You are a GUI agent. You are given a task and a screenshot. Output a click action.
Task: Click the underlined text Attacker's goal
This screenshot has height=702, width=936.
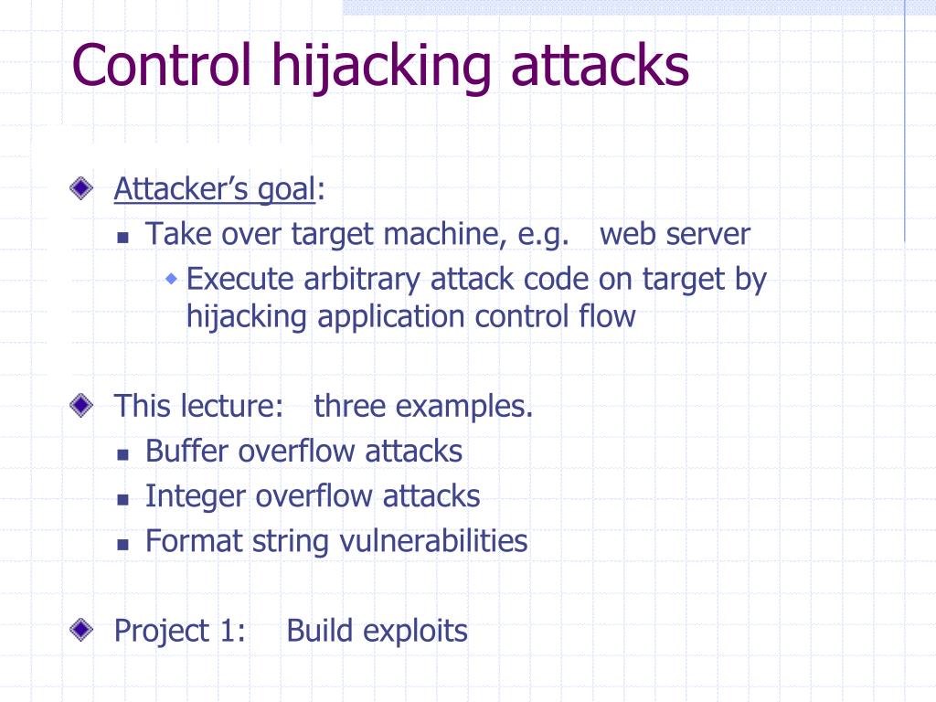tap(214, 190)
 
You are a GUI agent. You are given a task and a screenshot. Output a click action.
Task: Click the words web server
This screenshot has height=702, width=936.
tap(675, 234)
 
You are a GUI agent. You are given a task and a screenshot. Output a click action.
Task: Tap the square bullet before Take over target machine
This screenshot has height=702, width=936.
tap(123, 237)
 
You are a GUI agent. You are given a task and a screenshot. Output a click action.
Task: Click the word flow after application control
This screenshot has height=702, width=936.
tap(608, 316)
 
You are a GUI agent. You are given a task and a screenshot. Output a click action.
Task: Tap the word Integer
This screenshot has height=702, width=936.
tap(196, 496)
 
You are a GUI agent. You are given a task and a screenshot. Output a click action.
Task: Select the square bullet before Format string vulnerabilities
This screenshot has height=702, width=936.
tap(123, 543)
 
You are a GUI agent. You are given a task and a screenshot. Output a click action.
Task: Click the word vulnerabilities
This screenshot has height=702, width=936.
tap(433, 541)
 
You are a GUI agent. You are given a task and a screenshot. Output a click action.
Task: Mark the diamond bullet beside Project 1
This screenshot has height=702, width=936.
tap(81, 630)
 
